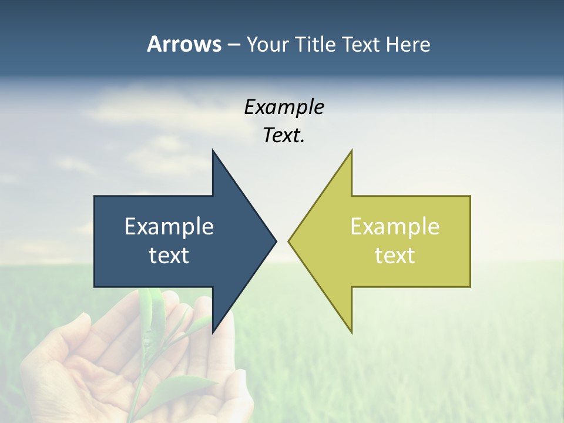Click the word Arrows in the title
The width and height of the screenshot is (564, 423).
pyautogui.click(x=183, y=44)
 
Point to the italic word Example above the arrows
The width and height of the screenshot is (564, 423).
pyautogui.click(x=284, y=107)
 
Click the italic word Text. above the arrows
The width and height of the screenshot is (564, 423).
pyautogui.click(x=284, y=135)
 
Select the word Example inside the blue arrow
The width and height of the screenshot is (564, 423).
pyautogui.click(x=169, y=227)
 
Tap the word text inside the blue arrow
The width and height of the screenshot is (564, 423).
pyautogui.click(x=169, y=256)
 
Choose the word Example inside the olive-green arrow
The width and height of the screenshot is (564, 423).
pyautogui.click(x=395, y=227)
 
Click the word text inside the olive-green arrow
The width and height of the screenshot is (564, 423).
pyautogui.click(x=395, y=256)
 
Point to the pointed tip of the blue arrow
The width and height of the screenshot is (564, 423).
pyautogui.click(x=276, y=241)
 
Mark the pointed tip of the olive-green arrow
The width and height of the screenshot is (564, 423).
pyautogui.click(x=288, y=241)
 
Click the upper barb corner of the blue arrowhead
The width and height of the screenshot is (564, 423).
pyautogui.click(x=213, y=150)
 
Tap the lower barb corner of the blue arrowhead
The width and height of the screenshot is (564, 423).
pyautogui.click(x=213, y=333)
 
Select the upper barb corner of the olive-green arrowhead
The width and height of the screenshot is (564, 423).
pyautogui.click(x=351, y=150)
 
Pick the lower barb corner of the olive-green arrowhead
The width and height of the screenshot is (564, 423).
pyautogui.click(x=351, y=333)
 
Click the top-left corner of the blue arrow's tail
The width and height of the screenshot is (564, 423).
pyautogui.click(x=95, y=196)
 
